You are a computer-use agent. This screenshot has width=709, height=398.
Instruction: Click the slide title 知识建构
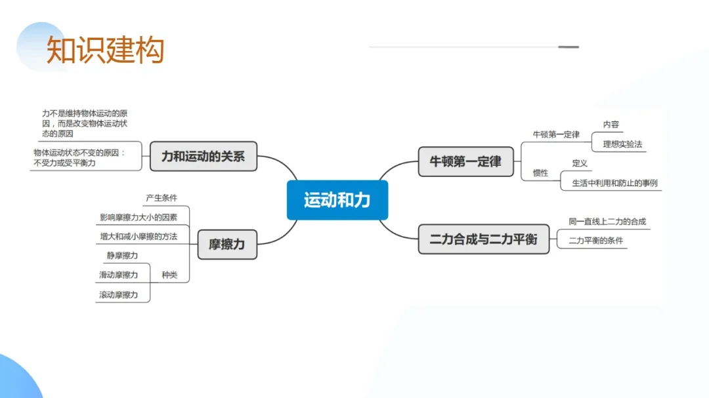[x=105, y=50]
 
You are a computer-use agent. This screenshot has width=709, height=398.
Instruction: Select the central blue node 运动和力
[x=337, y=200]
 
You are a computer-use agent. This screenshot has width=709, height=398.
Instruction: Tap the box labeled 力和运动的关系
[x=203, y=157]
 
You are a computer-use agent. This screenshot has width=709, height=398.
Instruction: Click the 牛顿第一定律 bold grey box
[x=465, y=161]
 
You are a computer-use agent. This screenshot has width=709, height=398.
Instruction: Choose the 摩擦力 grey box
[x=226, y=244]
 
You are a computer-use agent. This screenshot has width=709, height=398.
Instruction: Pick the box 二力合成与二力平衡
[x=483, y=239]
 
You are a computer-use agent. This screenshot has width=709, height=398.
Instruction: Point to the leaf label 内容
[x=611, y=125]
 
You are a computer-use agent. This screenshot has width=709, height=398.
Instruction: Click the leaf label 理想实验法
[x=622, y=144]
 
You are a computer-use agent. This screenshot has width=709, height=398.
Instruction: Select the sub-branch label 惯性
[x=540, y=173]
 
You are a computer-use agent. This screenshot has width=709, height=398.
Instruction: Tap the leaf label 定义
[x=580, y=163]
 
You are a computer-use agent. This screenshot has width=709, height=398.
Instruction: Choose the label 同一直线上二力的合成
[x=607, y=222]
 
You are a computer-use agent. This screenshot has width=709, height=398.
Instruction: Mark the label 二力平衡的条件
[x=596, y=241]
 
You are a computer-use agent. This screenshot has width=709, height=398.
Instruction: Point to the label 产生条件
[x=161, y=197]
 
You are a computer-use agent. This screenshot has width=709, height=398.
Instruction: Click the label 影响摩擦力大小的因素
[x=139, y=217]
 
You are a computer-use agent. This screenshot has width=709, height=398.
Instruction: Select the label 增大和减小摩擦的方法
[x=139, y=236]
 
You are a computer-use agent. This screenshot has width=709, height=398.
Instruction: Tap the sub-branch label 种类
[x=169, y=275]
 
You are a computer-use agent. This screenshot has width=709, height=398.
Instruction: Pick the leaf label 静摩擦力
[x=122, y=256]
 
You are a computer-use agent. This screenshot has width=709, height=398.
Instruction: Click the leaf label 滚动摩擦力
[x=118, y=295]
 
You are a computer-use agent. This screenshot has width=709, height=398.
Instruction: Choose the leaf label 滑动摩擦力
[x=118, y=275]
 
